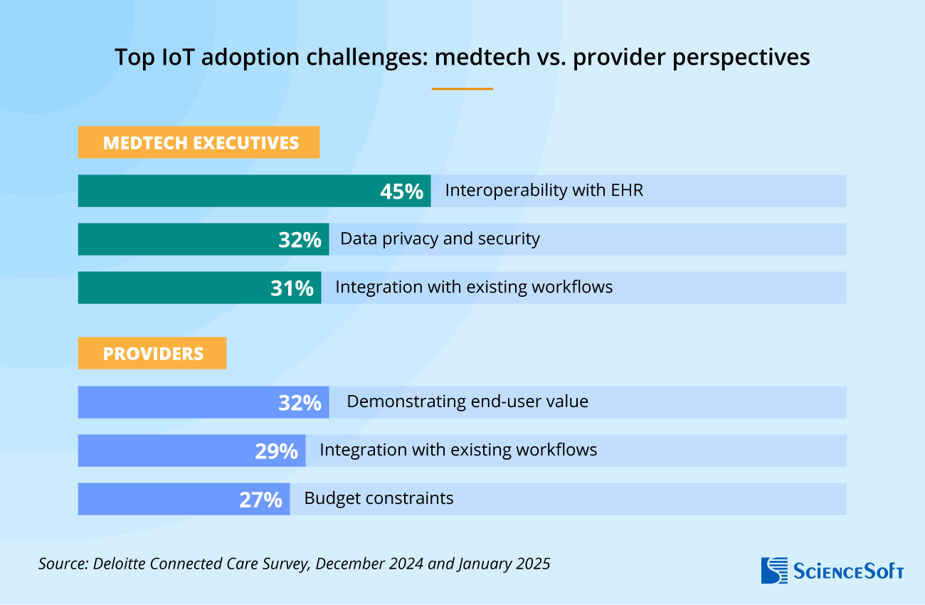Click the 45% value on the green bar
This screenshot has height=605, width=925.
pos(401,191)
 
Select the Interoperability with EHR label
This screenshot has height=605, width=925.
pos(544,191)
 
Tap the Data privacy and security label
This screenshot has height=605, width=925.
pos(440,239)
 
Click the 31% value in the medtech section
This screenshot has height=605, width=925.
pos(292,288)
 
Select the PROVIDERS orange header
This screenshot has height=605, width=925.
pos(152,353)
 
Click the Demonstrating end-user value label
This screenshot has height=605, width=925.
pos(467,401)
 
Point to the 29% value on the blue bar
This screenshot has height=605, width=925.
pos(276,451)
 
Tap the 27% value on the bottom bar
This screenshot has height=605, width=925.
pos(260,499)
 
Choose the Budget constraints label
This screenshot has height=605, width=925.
pos(379,498)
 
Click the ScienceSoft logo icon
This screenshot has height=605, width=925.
pos(773,570)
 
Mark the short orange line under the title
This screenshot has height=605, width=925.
pos(462,89)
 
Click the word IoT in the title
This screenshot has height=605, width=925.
pos(176,57)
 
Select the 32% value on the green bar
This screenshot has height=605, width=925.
pos(300,239)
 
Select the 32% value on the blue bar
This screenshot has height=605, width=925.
pos(300,402)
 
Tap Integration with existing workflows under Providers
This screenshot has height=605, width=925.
pos(458,450)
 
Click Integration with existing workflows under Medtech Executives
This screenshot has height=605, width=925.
pos(474,288)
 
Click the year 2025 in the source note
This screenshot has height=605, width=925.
pos(532,564)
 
